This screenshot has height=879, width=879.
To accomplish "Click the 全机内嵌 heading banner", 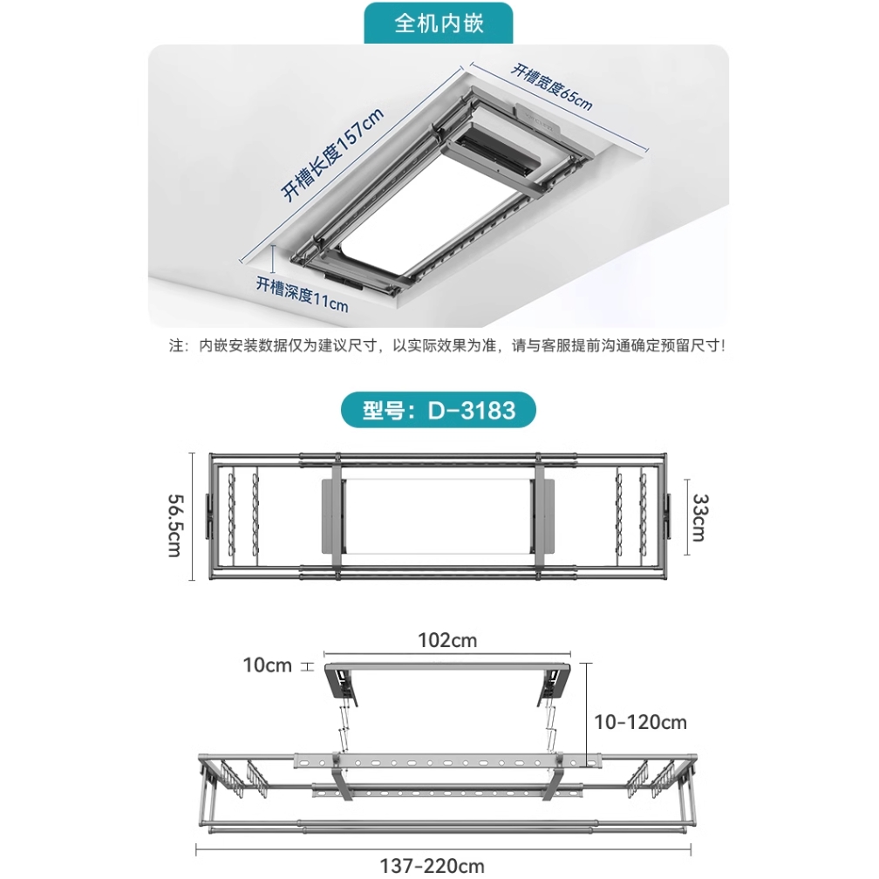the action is (439, 24).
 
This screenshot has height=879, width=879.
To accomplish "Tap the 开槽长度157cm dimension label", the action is (332, 154).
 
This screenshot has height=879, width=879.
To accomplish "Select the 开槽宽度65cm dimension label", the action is (552, 87).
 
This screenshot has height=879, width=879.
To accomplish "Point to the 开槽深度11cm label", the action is (302, 295).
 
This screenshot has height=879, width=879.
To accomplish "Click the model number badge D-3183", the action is (439, 410).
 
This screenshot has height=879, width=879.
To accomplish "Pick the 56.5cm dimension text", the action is (175, 525).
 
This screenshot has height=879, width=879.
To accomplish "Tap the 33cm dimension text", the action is (700, 517).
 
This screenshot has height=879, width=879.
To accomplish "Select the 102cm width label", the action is (447, 640).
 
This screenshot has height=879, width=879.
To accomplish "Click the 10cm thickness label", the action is (268, 665).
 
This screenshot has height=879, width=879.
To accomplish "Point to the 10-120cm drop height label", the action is (640, 722).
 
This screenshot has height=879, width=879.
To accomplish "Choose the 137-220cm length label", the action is (432, 866).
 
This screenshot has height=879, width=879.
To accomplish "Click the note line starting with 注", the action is (446, 345).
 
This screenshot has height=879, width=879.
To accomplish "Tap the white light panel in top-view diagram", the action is (437, 515).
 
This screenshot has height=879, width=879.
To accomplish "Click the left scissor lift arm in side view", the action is (343, 723).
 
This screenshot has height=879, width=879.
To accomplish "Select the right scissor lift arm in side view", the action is (549, 723).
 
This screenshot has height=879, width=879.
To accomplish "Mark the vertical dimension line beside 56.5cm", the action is (192, 516).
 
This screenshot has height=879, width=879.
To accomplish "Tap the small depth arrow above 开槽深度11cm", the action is (273, 259).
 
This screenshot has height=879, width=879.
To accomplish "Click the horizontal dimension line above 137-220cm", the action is (443, 850).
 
